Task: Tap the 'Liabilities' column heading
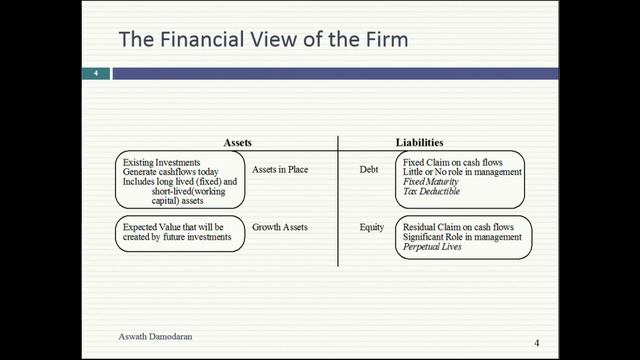[420, 143]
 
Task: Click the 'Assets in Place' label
[280, 170]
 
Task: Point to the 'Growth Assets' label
[279, 227]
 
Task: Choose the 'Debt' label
[369, 170]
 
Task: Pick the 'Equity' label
[371, 227]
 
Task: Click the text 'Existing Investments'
[162, 161]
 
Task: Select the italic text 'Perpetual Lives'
[432, 247]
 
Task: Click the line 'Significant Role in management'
[462, 237]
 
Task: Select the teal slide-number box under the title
[96, 74]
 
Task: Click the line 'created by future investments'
[176, 237]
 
